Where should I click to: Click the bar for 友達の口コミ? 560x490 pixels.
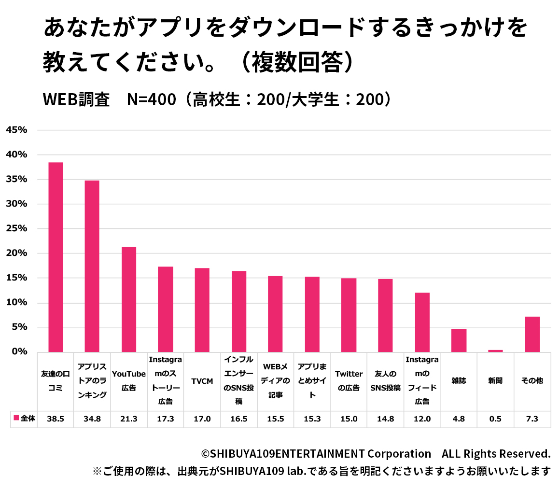(x=56, y=257)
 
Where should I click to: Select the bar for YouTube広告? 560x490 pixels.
(x=129, y=299)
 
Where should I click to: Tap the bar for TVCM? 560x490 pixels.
(x=202, y=310)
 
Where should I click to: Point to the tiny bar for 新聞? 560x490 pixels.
(x=495, y=350)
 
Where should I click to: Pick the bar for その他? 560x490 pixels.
(x=532, y=334)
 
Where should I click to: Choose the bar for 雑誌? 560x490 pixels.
(x=459, y=340)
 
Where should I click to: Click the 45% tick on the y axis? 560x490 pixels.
(x=16, y=130)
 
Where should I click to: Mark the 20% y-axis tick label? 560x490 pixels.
(x=16, y=253)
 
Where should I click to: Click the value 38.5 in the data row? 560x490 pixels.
(x=56, y=419)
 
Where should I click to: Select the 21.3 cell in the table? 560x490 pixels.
(x=129, y=419)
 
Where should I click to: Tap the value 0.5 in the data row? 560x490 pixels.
(x=495, y=419)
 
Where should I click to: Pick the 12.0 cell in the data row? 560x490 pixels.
(x=422, y=419)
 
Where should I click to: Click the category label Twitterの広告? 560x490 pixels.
(x=349, y=381)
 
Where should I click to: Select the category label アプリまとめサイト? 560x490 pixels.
(x=312, y=381)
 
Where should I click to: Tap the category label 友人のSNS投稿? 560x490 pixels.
(x=385, y=381)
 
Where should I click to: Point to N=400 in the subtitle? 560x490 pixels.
(x=151, y=99)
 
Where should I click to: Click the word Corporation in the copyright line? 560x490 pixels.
(x=399, y=454)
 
